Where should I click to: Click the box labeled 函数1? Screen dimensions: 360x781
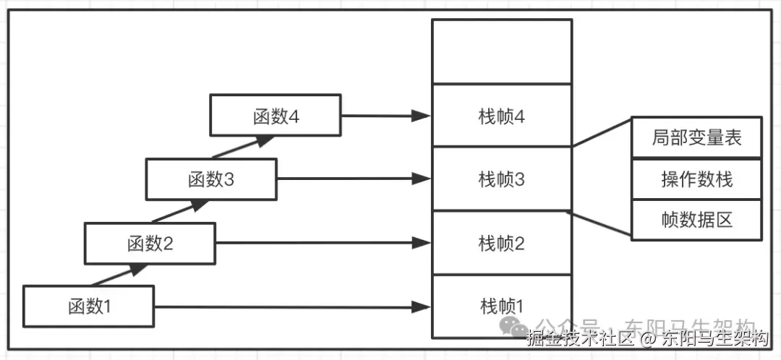point(89,307)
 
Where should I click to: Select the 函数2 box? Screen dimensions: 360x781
point(150,244)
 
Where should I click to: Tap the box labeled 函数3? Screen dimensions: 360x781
point(211,179)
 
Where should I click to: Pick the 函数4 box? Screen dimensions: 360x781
point(276,116)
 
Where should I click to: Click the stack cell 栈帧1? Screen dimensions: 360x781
point(501,307)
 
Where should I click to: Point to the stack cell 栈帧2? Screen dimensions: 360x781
point(501,244)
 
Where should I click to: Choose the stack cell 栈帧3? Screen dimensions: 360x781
point(501,179)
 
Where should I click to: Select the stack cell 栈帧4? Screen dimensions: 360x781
point(501,116)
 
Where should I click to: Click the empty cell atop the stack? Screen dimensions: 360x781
point(501,51)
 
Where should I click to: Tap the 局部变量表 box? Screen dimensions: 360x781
point(696,137)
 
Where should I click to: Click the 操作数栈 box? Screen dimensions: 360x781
point(696,179)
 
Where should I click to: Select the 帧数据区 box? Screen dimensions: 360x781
point(696,219)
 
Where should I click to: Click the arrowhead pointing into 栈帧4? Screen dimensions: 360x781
point(422,116)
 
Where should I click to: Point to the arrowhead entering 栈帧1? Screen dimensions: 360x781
point(422,307)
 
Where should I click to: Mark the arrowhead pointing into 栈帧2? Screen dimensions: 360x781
point(422,244)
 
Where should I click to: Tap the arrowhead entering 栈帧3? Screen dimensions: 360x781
point(422,179)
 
